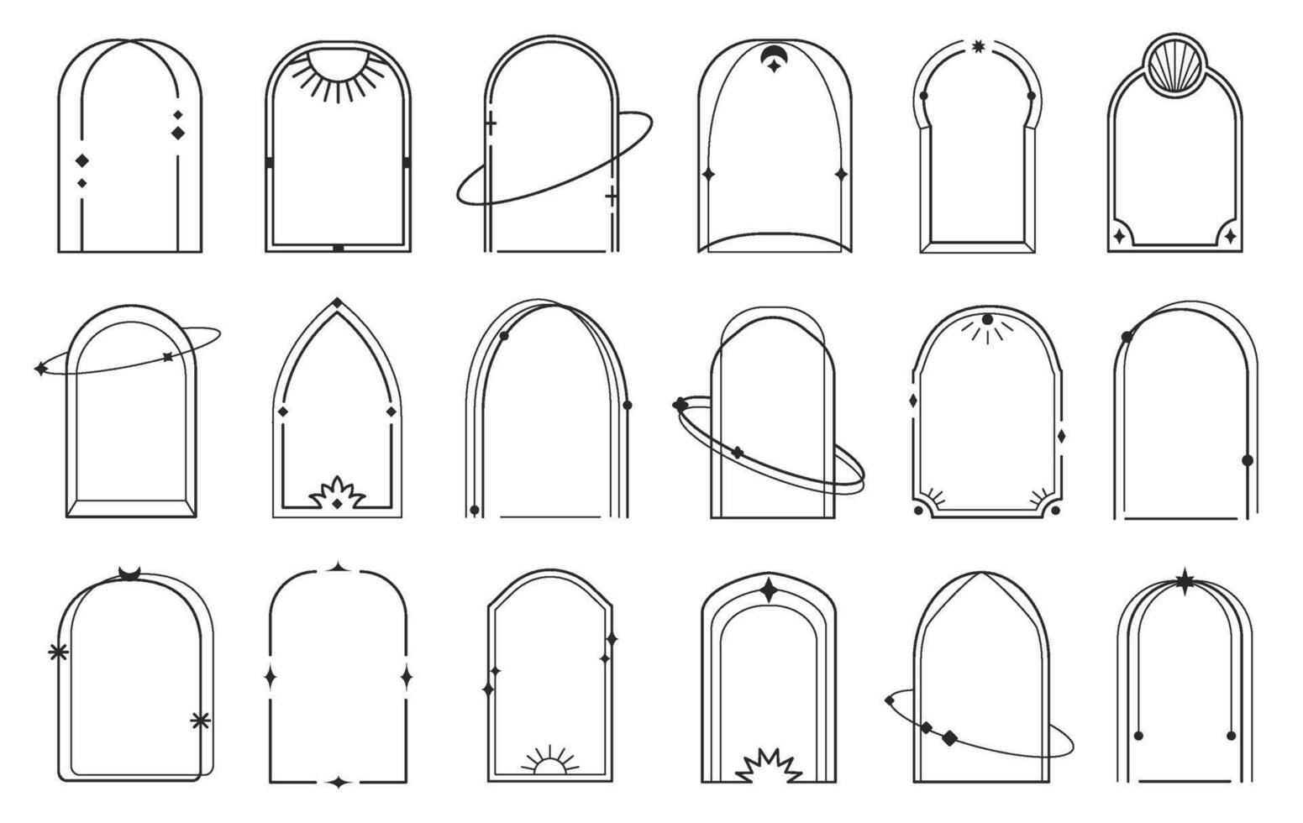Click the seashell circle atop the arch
click(1175, 66)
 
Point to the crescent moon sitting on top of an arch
click(129, 574)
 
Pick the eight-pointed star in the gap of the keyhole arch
click(978, 46)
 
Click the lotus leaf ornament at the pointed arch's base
click(337, 495)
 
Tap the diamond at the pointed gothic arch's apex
click(337, 303)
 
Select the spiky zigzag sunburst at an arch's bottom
click(769, 767)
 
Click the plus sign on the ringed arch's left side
click(491, 124)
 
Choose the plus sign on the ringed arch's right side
click(612, 197)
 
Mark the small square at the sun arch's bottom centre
click(338, 249)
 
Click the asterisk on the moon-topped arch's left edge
click(58, 652)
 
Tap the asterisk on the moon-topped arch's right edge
click(200, 720)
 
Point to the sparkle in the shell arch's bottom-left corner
click(1120, 237)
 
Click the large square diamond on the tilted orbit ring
click(949, 738)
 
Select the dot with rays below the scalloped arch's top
click(987, 320)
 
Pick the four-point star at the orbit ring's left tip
click(39, 369)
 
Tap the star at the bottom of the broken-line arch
click(339, 783)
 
